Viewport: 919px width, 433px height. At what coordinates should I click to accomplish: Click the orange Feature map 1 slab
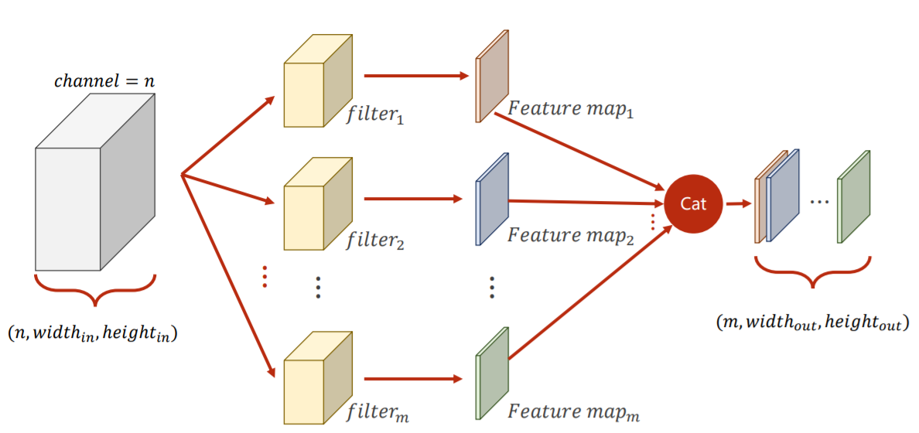(493, 76)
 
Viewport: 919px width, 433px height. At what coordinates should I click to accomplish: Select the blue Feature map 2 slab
(493, 199)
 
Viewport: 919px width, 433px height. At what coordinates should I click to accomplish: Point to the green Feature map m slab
(493, 373)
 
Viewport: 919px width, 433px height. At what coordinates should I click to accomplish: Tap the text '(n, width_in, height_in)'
(94, 334)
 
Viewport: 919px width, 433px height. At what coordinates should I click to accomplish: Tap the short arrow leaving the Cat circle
(736, 204)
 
